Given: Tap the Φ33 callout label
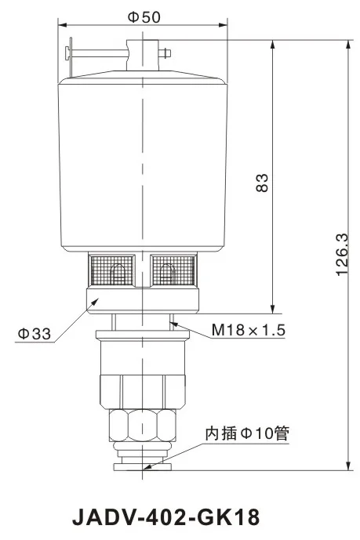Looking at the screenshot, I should point(35,334).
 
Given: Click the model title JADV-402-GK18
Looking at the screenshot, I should point(165,518).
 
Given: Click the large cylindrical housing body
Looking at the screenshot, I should point(142,165).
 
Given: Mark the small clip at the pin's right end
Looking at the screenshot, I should point(166,53).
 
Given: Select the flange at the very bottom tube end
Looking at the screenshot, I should point(142,467).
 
